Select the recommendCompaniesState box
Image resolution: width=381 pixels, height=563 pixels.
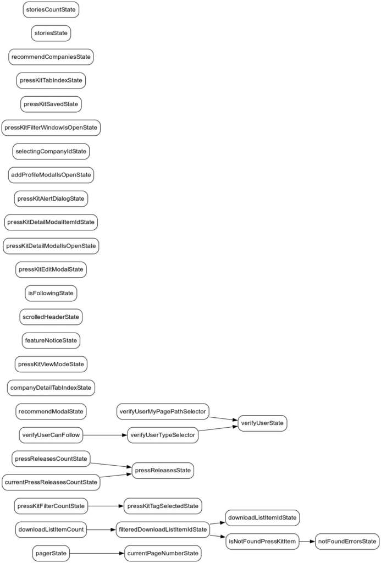[51, 57]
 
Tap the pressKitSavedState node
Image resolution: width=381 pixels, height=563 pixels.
[51, 104]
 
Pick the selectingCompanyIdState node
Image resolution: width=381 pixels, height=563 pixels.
[51, 151]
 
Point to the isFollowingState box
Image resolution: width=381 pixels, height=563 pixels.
[51, 293]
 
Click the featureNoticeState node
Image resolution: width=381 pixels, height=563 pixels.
[51, 340]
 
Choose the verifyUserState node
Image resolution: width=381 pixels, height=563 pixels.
[262, 423]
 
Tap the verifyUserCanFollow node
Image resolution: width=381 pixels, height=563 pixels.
[51, 435]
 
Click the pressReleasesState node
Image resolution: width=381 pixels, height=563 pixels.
[162, 471]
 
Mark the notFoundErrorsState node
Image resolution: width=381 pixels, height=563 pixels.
[347, 542]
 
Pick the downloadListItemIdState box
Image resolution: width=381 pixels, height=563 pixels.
[263, 517]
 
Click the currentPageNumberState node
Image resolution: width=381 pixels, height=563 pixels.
[163, 553]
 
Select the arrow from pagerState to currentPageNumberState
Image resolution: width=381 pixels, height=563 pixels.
[97, 553]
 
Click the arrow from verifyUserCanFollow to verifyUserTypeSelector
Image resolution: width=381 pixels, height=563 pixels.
[104, 435]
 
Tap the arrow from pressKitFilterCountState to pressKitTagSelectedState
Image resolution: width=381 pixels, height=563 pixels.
[106, 506]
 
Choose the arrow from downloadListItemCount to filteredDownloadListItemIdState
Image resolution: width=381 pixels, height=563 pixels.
[102, 529]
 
